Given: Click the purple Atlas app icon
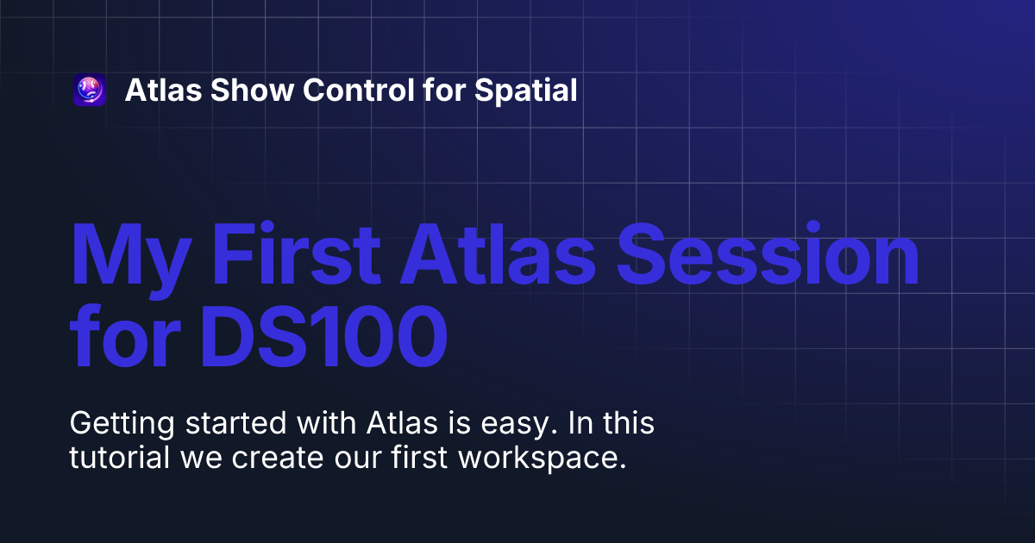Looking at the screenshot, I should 90,90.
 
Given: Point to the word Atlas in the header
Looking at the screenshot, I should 160,90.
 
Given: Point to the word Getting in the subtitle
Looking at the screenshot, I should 120,424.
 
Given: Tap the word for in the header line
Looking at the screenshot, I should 445,90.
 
